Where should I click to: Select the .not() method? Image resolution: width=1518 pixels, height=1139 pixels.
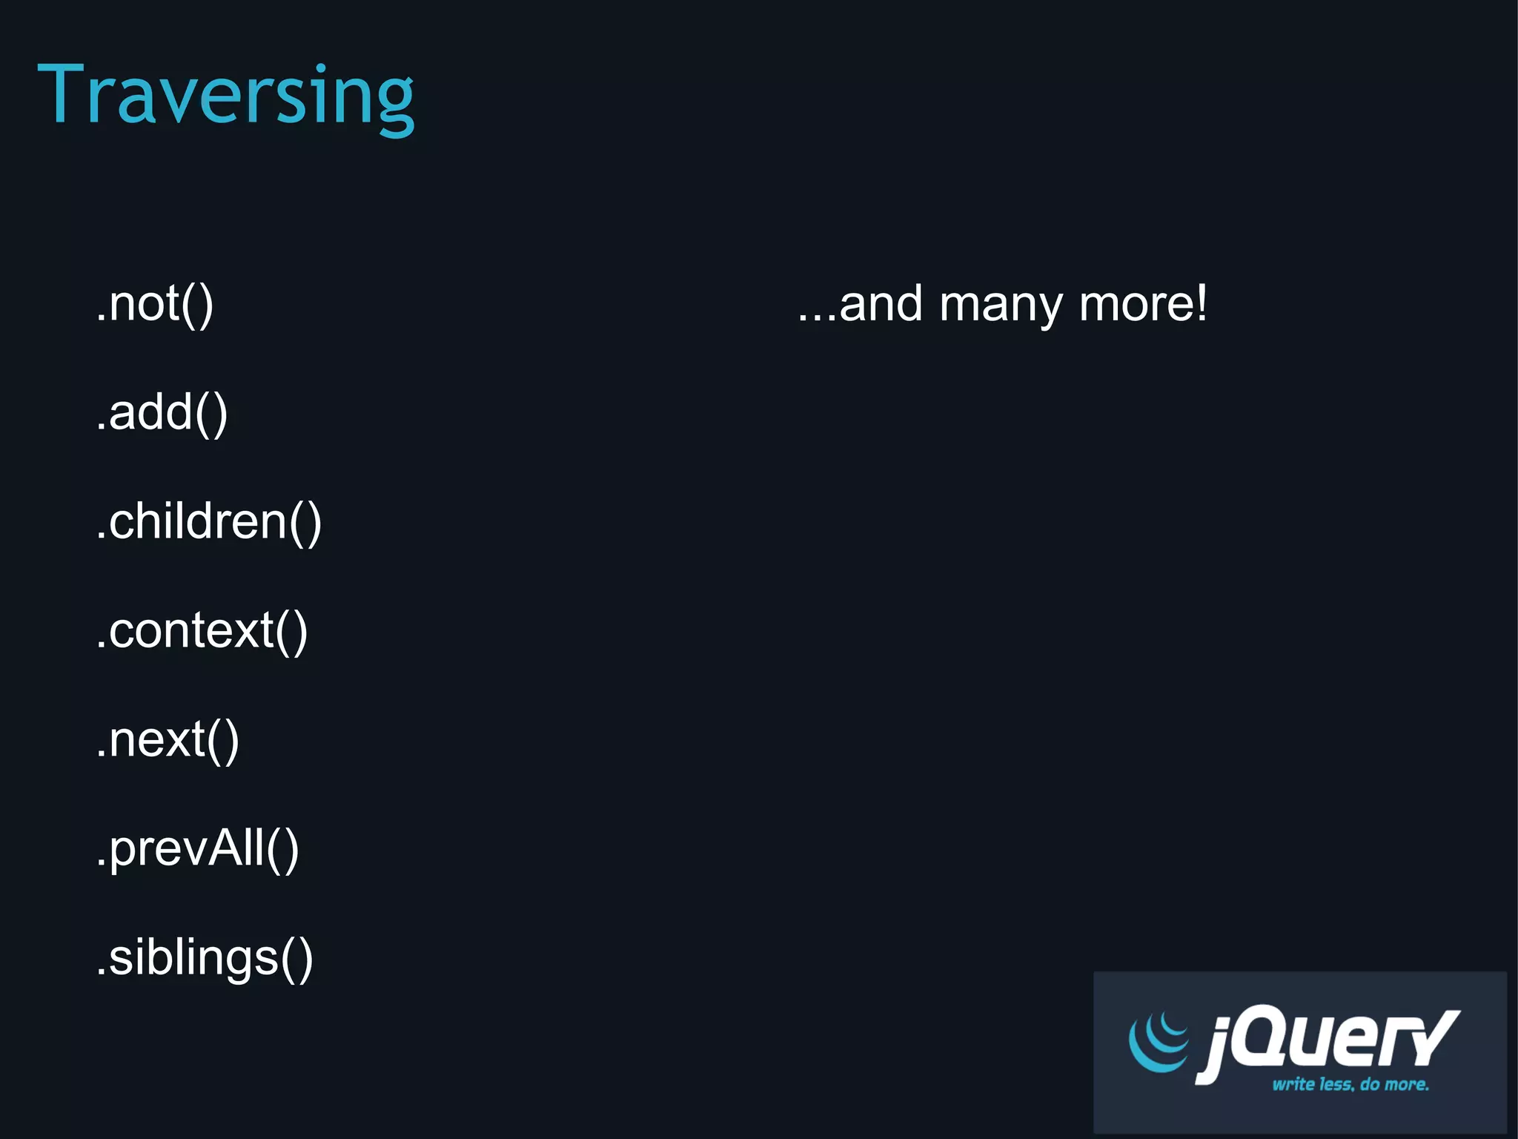click(x=155, y=304)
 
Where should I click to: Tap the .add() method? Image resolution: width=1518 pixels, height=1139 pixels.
click(x=162, y=413)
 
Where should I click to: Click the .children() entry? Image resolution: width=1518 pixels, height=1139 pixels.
click(x=209, y=522)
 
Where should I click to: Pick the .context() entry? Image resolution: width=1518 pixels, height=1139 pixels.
click(x=202, y=631)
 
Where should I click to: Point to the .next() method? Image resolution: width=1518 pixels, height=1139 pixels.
click(x=168, y=740)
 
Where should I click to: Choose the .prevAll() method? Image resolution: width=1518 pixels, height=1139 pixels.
click(x=197, y=849)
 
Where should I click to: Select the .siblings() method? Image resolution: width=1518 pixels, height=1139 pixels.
click(x=205, y=958)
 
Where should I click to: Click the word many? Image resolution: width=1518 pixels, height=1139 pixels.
click(x=1000, y=306)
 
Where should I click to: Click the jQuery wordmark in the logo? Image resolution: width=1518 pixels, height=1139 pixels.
click(x=1327, y=1042)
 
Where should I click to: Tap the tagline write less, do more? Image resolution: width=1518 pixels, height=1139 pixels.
click(x=1350, y=1084)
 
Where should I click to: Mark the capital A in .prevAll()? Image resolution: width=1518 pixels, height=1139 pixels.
click(x=227, y=848)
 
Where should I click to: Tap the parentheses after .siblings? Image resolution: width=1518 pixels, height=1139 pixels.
click(x=296, y=960)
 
